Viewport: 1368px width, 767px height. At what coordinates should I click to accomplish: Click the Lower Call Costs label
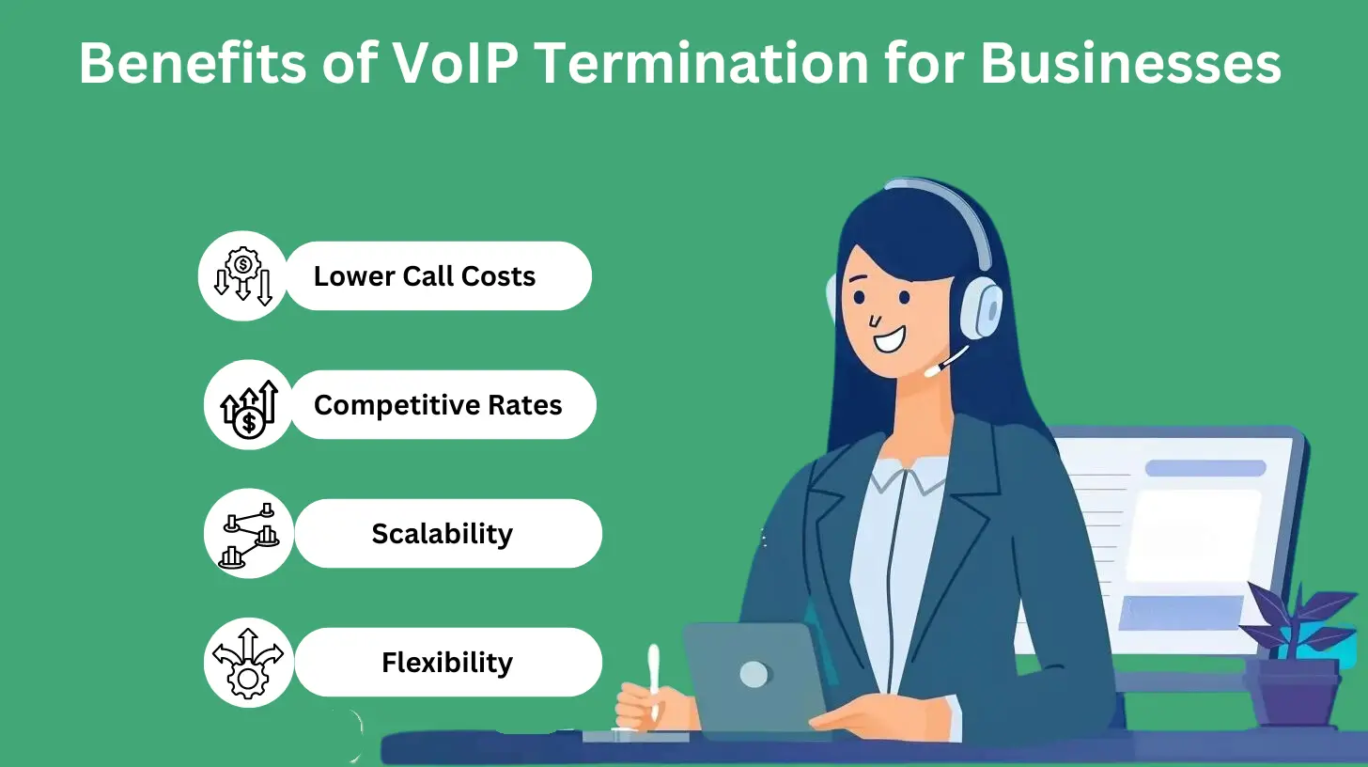coord(425,276)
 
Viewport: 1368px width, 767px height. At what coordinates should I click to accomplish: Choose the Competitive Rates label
coord(438,405)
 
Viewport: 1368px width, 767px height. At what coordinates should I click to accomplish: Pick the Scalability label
coord(442,534)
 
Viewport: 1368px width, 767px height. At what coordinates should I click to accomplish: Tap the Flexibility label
coord(447,663)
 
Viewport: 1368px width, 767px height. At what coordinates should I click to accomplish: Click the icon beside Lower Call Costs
coord(242,276)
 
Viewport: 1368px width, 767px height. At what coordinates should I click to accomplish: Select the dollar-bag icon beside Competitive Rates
coord(249,405)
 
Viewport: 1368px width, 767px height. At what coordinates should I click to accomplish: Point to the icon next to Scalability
coord(249,534)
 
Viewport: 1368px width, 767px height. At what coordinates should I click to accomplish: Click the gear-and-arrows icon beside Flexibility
coord(249,663)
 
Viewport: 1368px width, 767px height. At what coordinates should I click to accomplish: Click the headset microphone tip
coord(931,370)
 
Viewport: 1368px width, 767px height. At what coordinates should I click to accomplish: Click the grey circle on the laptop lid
coord(754,673)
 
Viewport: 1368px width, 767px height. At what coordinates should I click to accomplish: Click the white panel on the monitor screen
coord(1193,536)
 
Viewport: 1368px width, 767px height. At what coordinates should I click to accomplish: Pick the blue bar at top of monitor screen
coord(1205,468)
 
